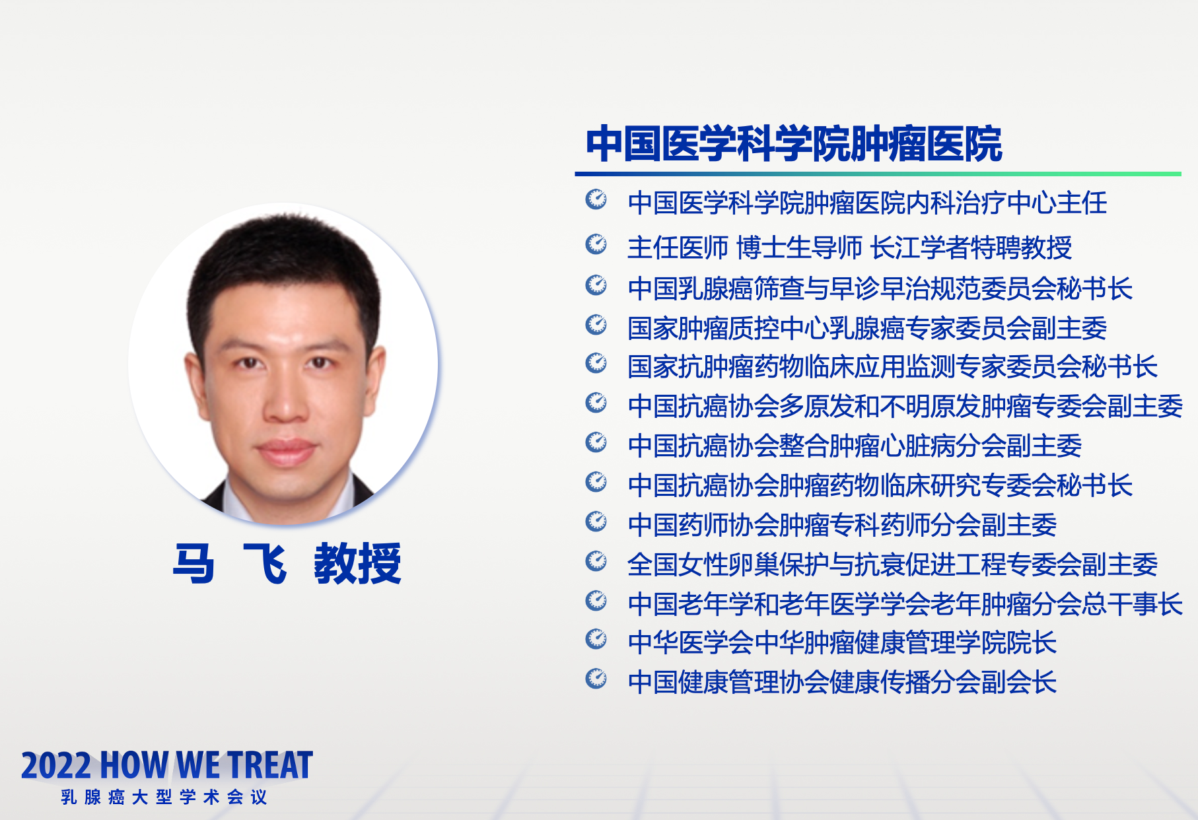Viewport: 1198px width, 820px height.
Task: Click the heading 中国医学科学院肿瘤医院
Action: [794, 144]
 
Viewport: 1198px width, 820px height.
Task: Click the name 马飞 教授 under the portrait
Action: [287, 563]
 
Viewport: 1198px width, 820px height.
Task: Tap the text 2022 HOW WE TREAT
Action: [167, 765]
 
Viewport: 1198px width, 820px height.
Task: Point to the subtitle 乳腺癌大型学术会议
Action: [164, 797]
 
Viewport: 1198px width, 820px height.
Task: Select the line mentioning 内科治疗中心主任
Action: [867, 203]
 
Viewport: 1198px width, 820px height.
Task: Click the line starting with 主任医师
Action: [849, 248]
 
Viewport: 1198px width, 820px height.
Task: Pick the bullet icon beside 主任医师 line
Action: [596, 244]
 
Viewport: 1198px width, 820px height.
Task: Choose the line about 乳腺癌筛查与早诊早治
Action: [880, 289]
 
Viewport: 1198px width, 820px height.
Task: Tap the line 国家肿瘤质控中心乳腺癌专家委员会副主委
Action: [867, 328]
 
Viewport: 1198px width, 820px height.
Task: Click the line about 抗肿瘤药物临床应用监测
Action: [892, 366]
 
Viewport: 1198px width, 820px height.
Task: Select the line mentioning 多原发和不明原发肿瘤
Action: [905, 406]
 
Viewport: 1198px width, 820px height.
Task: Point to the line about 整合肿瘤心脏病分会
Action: [855, 446]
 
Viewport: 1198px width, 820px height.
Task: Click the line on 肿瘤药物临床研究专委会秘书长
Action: [880, 485]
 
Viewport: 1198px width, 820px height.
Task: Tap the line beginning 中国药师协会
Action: [842, 525]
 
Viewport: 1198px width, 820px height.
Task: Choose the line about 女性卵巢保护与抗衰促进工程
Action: [892, 564]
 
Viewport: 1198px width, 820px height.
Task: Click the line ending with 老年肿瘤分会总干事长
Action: [905, 604]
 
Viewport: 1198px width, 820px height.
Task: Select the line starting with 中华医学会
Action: [842, 642]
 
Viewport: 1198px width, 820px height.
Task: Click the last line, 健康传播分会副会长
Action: [842, 682]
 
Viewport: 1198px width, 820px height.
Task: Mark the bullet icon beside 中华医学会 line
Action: [596, 639]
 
